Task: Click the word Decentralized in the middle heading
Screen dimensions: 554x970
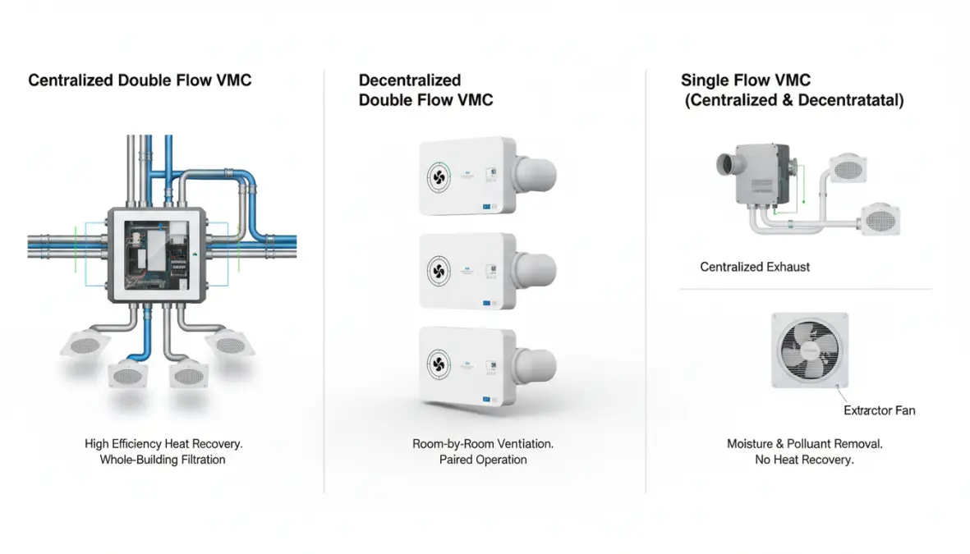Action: (x=410, y=80)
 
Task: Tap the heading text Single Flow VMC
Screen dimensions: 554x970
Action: (x=746, y=80)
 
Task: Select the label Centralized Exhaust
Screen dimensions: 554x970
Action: (x=755, y=267)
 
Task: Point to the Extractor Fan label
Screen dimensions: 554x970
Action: (x=880, y=410)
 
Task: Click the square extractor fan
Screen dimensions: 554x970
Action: (x=810, y=350)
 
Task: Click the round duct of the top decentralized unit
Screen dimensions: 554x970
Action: (x=537, y=175)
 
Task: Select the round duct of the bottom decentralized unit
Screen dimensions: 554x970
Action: (x=537, y=364)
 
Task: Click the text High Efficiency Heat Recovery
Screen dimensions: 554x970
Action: (x=163, y=443)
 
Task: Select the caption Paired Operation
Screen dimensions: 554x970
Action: (x=483, y=460)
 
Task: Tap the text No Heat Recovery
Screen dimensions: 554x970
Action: (x=804, y=460)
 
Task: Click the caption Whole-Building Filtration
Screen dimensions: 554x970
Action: (x=163, y=460)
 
